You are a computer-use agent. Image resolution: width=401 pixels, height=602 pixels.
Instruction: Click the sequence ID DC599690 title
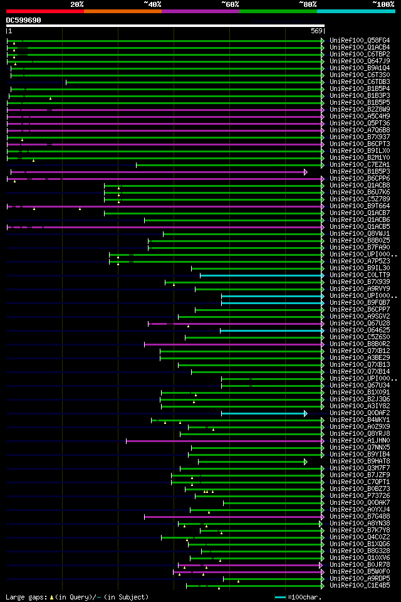point(24,20)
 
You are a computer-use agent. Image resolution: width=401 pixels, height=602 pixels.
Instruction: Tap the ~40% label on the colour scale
point(152,4)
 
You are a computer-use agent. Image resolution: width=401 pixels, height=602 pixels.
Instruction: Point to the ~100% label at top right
point(383,4)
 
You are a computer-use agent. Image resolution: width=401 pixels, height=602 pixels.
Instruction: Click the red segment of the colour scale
point(44,11)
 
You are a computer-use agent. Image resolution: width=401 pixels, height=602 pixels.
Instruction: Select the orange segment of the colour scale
point(122,11)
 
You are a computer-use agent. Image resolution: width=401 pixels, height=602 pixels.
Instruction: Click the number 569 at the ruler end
point(316,31)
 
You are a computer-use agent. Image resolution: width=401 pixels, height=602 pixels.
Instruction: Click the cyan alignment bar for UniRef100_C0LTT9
point(261,275)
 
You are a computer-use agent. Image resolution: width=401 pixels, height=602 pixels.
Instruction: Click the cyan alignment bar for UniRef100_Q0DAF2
point(263,413)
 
